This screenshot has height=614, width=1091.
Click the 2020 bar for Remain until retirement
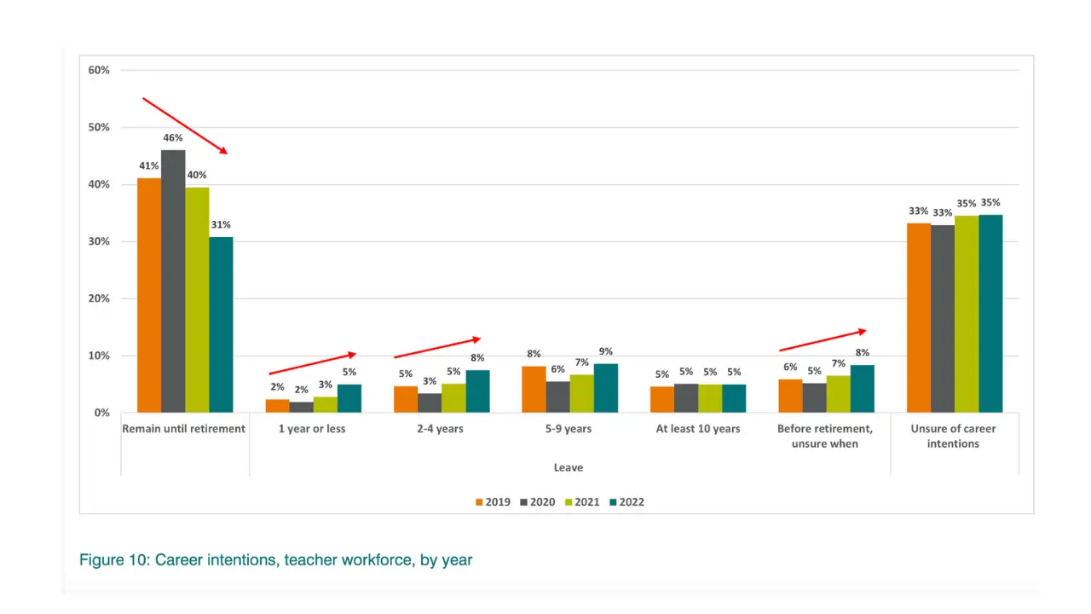click(173, 281)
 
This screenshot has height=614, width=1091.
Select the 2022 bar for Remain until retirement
click(221, 325)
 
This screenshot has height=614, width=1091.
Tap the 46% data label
click(173, 137)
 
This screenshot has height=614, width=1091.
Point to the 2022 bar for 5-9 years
click(606, 388)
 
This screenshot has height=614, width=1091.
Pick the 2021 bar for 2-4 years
click(453, 398)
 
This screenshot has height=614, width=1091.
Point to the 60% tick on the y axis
click(99, 70)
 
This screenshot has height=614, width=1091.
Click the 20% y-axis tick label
click(99, 298)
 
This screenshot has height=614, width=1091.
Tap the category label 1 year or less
click(312, 429)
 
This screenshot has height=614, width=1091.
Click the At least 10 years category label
click(698, 429)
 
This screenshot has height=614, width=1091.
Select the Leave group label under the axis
click(569, 467)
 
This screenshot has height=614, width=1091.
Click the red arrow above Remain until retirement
click(185, 126)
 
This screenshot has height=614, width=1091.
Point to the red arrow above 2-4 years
click(437, 347)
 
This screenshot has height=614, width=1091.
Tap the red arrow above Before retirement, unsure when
click(823, 340)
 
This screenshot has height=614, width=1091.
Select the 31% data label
click(221, 224)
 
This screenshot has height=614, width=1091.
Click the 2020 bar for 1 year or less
click(301, 407)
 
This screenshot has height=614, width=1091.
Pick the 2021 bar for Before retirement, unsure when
click(839, 394)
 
